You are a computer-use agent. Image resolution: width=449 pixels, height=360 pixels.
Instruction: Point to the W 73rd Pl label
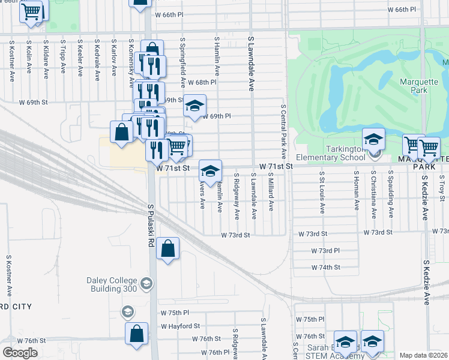click(325, 250)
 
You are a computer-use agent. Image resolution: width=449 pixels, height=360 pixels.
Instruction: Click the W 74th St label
click(325, 267)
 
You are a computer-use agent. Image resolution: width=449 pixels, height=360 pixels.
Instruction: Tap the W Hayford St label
click(179, 326)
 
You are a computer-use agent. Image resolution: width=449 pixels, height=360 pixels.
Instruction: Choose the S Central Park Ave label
click(283, 132)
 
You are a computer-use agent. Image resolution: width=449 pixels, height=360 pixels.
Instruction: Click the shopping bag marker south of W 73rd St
click(168, 248)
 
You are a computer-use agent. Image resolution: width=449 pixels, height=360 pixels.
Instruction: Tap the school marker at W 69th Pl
click(194, 106)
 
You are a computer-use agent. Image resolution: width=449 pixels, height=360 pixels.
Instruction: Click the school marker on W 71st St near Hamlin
click(210, 171)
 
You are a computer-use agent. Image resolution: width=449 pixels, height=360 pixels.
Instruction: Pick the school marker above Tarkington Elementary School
click(373, 139)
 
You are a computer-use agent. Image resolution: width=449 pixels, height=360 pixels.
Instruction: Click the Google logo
click(20, 353)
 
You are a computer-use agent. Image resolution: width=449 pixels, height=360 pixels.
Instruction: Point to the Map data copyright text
click(424, 355)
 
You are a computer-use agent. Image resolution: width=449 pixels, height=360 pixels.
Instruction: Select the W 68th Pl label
click(201, 82)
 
